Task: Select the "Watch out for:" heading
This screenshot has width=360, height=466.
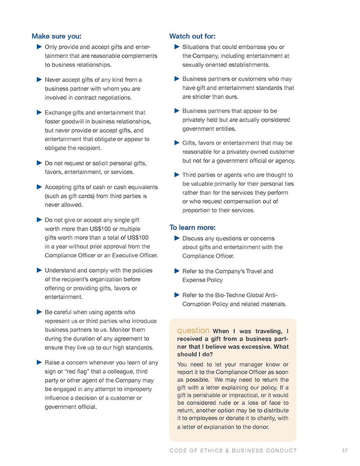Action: click(192, 36)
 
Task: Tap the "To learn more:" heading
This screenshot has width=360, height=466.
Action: click(192, 227)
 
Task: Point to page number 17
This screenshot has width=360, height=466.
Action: click(345, 451)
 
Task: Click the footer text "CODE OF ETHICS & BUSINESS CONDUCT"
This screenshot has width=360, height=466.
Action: click(233, 451)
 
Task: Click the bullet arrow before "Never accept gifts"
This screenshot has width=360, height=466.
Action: click(39, 79)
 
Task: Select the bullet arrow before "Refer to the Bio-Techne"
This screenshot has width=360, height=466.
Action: click(176, 295)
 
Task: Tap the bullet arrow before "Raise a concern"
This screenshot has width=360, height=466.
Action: click(39, 362)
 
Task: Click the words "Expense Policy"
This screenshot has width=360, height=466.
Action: click(203, 280)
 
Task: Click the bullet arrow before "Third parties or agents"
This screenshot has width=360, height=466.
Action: click(176, 175)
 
